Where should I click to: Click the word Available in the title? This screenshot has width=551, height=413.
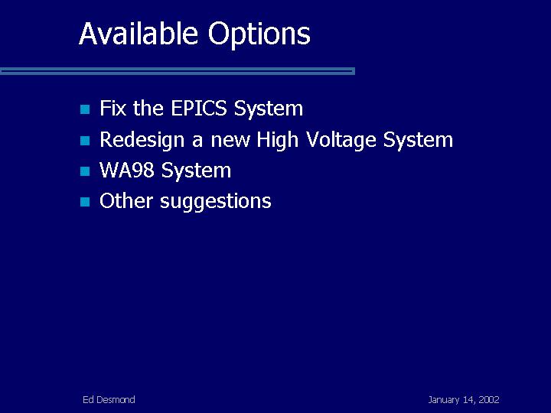(139, 34)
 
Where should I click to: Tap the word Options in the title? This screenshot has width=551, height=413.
(259, 35)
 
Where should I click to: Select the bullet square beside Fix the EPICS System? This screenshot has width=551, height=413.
(85, 109)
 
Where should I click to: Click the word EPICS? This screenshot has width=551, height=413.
(199, 108)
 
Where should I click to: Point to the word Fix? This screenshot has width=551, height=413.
(112, 108)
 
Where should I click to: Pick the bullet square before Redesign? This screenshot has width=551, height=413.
(85, 141)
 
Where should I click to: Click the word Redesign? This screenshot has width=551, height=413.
(142, 140)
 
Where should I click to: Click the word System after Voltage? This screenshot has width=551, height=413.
(418, 140)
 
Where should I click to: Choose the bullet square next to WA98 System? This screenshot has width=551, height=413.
(85, 171)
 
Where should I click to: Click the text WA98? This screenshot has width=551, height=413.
(127, 170)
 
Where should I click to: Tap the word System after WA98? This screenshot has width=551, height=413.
(196, 171)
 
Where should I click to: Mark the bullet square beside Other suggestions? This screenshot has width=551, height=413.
(85, 202)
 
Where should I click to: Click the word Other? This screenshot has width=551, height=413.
(126, 200)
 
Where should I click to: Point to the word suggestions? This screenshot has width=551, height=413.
(216, 202)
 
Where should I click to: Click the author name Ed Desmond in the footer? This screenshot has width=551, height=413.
(109, 400)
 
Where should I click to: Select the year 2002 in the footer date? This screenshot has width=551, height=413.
(489, 400)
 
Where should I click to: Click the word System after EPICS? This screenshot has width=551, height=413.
(269, 109)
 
